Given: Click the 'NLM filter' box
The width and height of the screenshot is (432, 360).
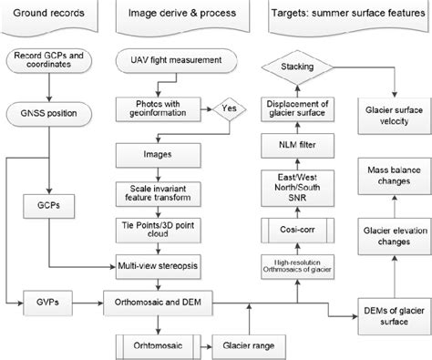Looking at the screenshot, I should click(295, 143).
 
